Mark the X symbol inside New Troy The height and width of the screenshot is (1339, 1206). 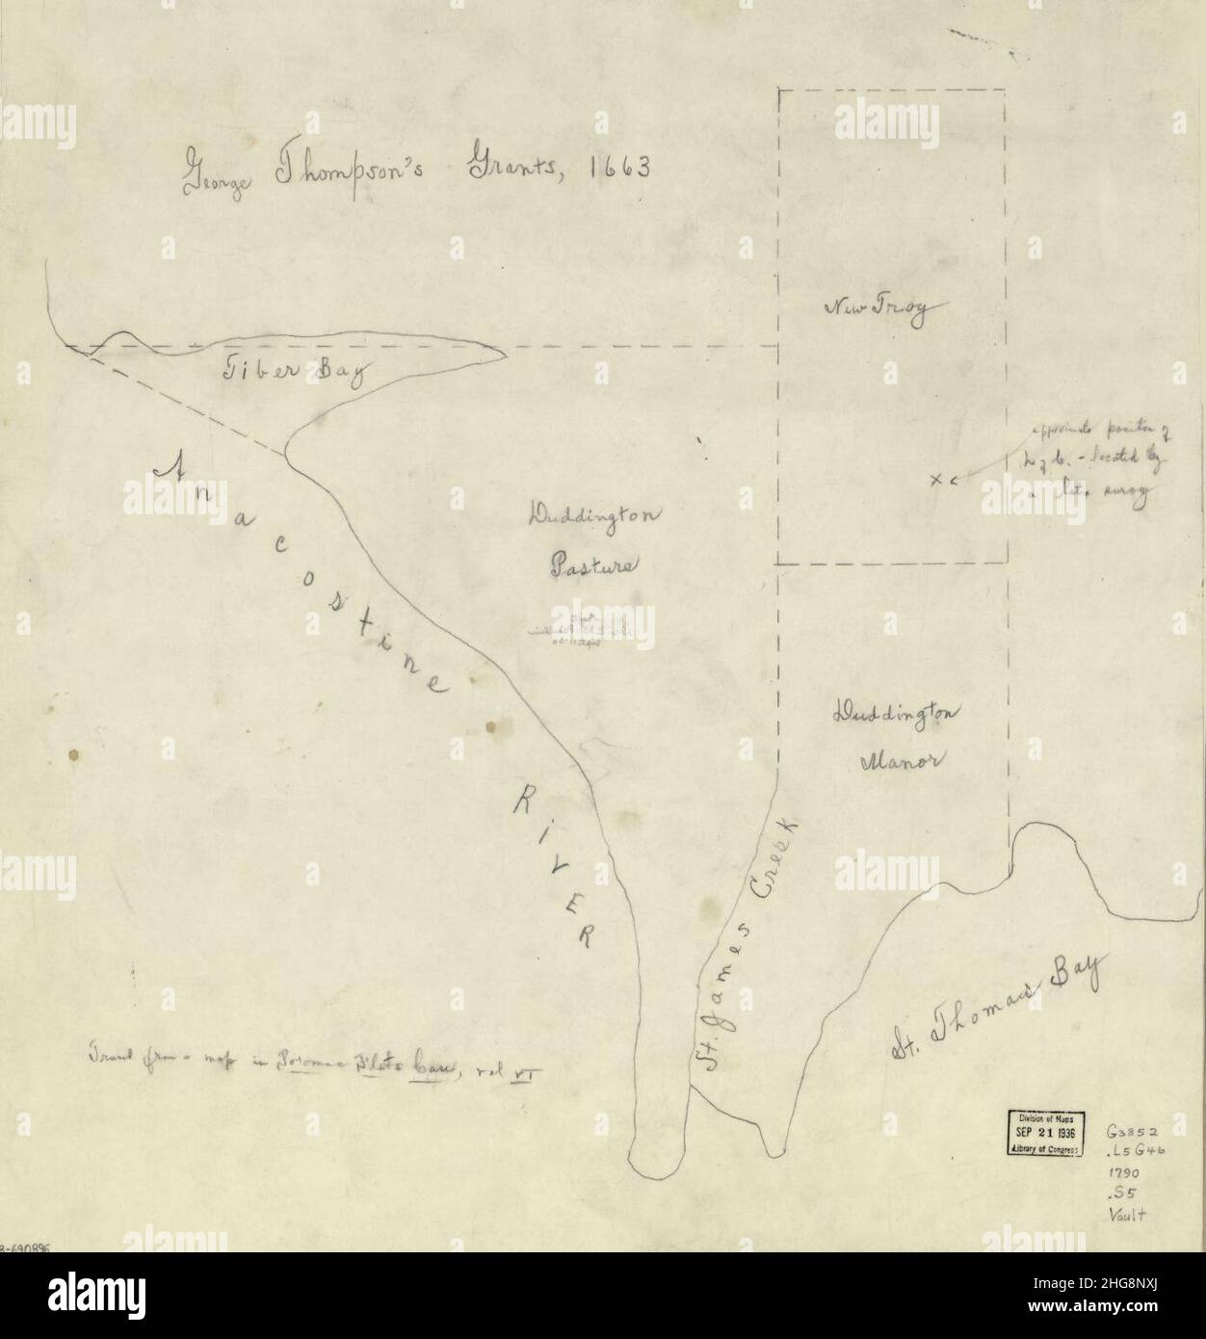click(935, 479)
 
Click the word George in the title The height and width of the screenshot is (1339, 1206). click(214, 179)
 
